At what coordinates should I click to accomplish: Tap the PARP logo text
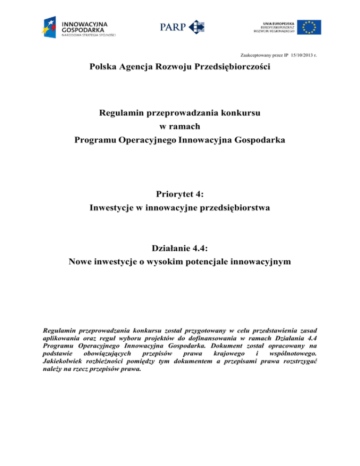pyautogui.click(x=172, y=27)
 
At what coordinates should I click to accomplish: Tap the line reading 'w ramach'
pyautogui.click(x=180, y=127)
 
